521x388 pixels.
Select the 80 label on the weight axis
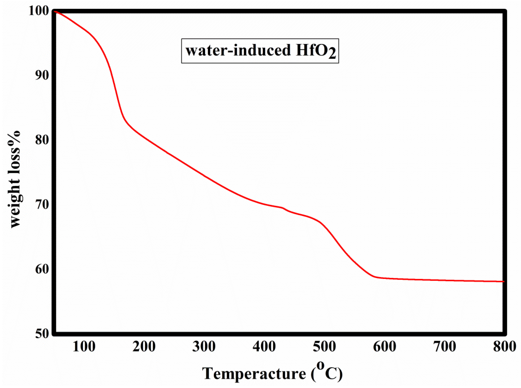pos(42,140)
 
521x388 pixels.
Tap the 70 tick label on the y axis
pos(42,204)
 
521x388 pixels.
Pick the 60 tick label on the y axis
pos(42,269)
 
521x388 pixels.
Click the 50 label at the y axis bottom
pos(42,334)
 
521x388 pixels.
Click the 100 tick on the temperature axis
pos(84,346)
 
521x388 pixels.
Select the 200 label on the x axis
pos(144,346)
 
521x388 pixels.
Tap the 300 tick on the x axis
pos(204,346)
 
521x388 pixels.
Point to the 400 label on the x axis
pos(264,346)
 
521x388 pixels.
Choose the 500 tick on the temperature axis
pos(324,346)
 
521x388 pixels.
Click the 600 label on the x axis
pos(385,346)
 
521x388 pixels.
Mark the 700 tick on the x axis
pos(445,346)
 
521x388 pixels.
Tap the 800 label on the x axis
pos(504,346)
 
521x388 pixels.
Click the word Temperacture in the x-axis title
pos(254,374)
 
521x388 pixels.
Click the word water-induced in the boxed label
pos(238,50)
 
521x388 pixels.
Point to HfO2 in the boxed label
pos(316,51)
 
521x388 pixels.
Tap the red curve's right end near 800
pos(503,282)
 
